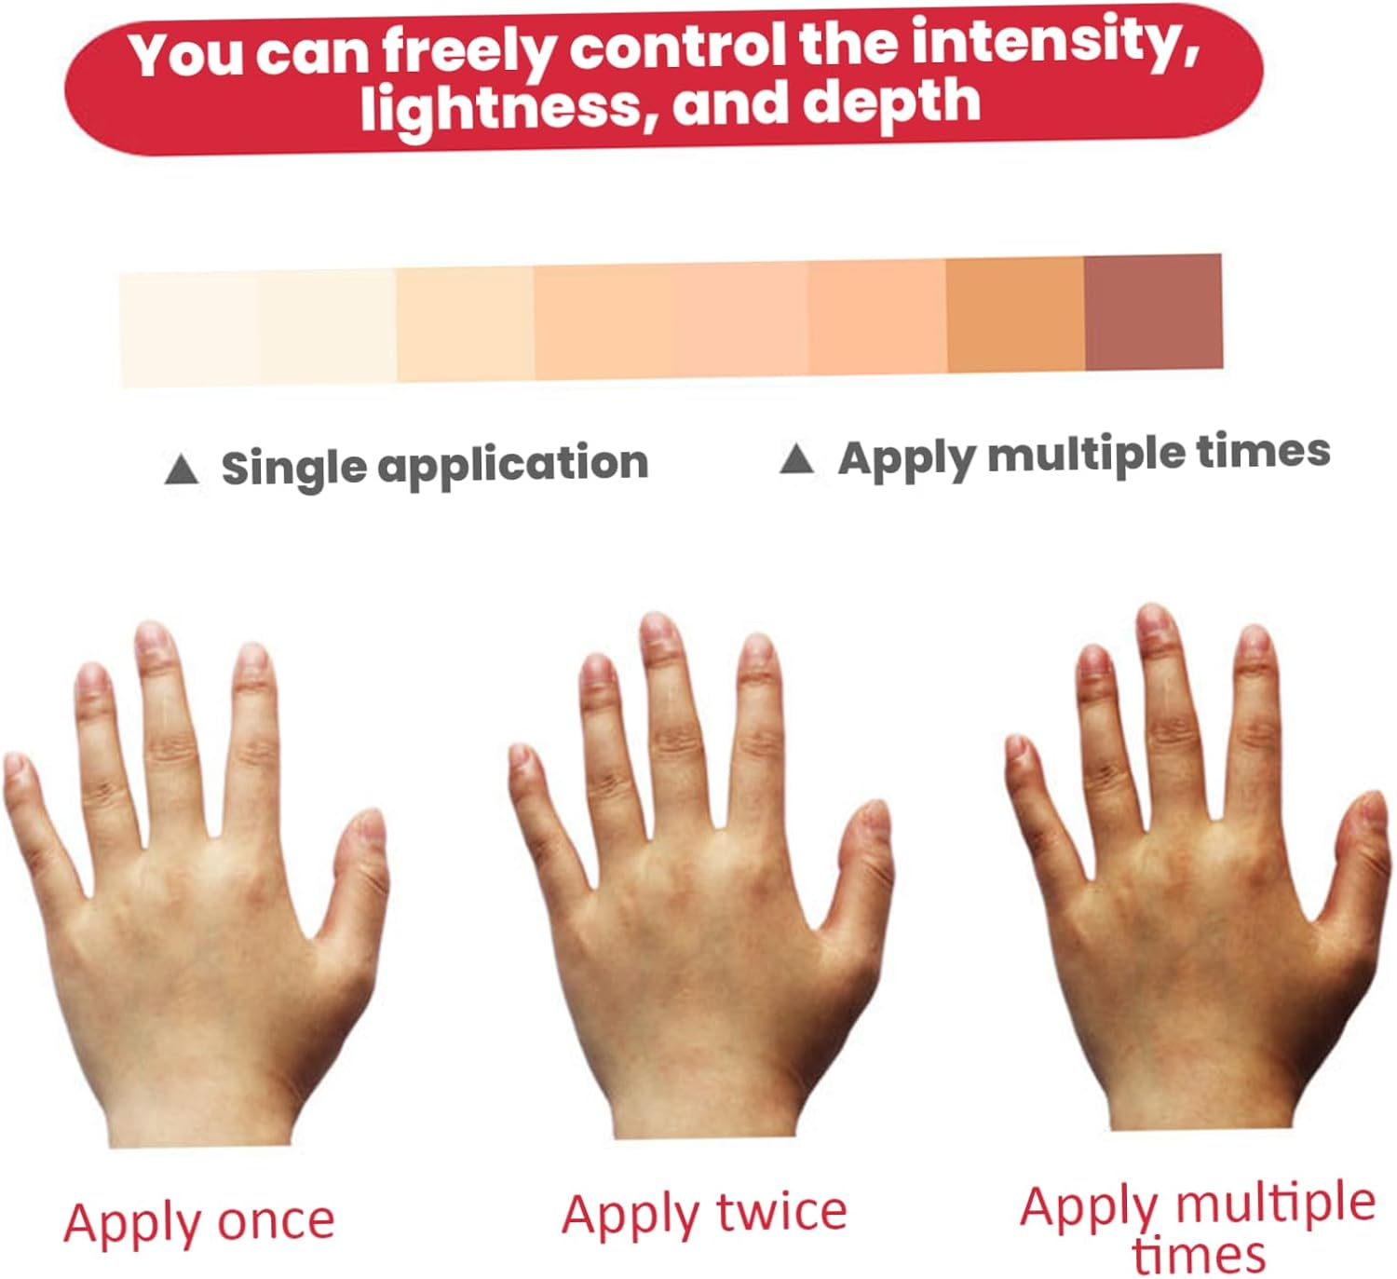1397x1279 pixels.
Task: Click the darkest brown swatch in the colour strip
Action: (x=1153, y=312)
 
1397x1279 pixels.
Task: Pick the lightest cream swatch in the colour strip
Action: (x=189, y=330)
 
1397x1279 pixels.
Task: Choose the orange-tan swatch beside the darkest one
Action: (x=1015, y=316)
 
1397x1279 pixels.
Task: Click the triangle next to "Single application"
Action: (x=181, y=469)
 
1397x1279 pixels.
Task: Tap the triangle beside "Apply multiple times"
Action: (x=796, y=458)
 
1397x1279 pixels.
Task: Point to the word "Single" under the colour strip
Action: (x=294, y=469)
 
